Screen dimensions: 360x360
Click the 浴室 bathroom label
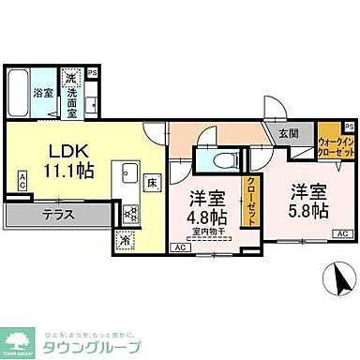(x=44, y=94)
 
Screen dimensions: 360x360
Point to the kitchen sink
(x=128, y=174)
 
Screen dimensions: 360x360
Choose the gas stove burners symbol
(x=129, y=214)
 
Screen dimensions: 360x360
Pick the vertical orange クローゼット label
(x=251, y=201)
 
